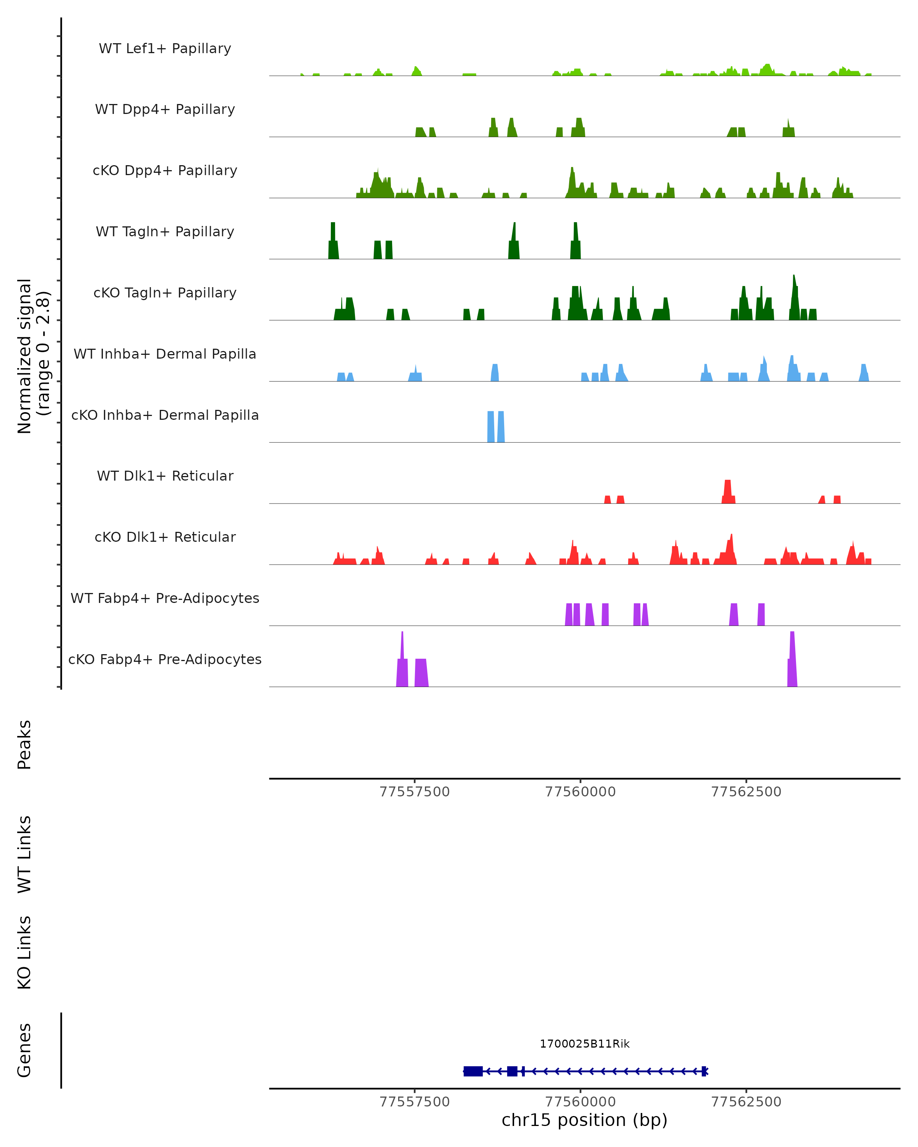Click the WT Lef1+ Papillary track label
[165, 49]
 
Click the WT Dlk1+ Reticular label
[165, 476]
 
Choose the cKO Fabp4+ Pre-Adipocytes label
[165, 659]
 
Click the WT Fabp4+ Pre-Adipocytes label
[165, 598]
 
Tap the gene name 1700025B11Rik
[584, 1044]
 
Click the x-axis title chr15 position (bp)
[584, 1120]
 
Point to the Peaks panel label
[24, 744]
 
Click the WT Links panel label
[24, 854]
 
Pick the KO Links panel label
[24, 952]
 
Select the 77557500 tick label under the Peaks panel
[415, 792]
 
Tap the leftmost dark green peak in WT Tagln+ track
[333, 242]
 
